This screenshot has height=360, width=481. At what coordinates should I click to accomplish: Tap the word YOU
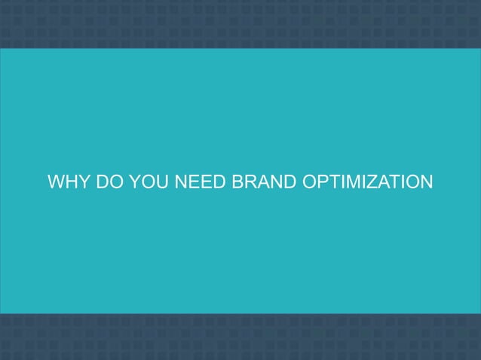point(150,183)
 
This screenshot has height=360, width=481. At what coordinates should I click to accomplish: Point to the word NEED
point(199,183)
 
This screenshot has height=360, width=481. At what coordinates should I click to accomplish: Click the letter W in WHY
point(56,183)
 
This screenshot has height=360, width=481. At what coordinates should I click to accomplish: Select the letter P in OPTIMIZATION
point(322,183)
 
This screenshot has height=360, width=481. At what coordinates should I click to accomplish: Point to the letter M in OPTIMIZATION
point(356,183)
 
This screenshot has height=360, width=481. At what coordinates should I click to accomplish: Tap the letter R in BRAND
point(248,183)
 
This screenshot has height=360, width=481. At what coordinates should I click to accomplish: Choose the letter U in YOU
point(163,183)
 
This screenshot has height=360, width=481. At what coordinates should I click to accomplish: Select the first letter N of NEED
point(180,183)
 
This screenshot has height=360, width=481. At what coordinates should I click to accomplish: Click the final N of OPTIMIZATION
point(426,183)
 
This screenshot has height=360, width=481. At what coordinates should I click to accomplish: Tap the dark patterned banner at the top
point(240,23)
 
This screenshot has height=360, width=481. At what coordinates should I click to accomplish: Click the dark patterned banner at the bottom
point(240,337)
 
